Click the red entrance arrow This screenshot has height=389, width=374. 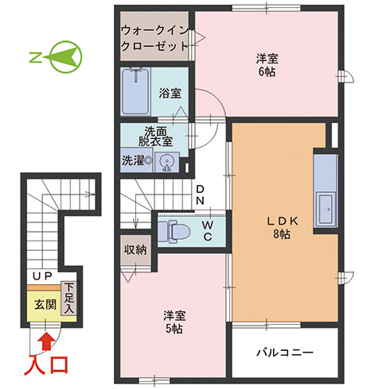[x=47, y=341]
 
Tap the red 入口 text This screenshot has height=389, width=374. [x=46, y=365]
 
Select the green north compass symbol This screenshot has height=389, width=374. [x=56, y=57]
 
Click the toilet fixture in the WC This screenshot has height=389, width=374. [x=173, y=232]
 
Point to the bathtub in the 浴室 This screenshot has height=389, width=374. [x=135, y=91]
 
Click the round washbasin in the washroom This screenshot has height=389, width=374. [x=167, y=161]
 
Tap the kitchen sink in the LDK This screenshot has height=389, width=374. [x=325, y=209]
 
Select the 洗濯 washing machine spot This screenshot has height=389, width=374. [x=137, y=160]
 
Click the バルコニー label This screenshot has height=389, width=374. [x=285, y=352]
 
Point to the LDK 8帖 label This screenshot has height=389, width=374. [x=282, y=227]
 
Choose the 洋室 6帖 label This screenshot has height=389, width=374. [x=267, y=65]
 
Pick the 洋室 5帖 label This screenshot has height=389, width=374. [x=174, y=322]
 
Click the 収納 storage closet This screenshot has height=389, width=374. [x=135, y=249]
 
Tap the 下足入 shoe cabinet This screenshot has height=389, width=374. [x=69, y=298]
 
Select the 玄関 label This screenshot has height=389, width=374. [x=45, y=305]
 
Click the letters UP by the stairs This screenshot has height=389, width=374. [x=42, y=276]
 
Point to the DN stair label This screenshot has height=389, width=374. [x=200, y=194]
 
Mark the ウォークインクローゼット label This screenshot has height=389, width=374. [x=154, y=39]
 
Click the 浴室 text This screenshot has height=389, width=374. [x=170, y=93]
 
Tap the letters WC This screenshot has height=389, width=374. [x=208, y=231]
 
